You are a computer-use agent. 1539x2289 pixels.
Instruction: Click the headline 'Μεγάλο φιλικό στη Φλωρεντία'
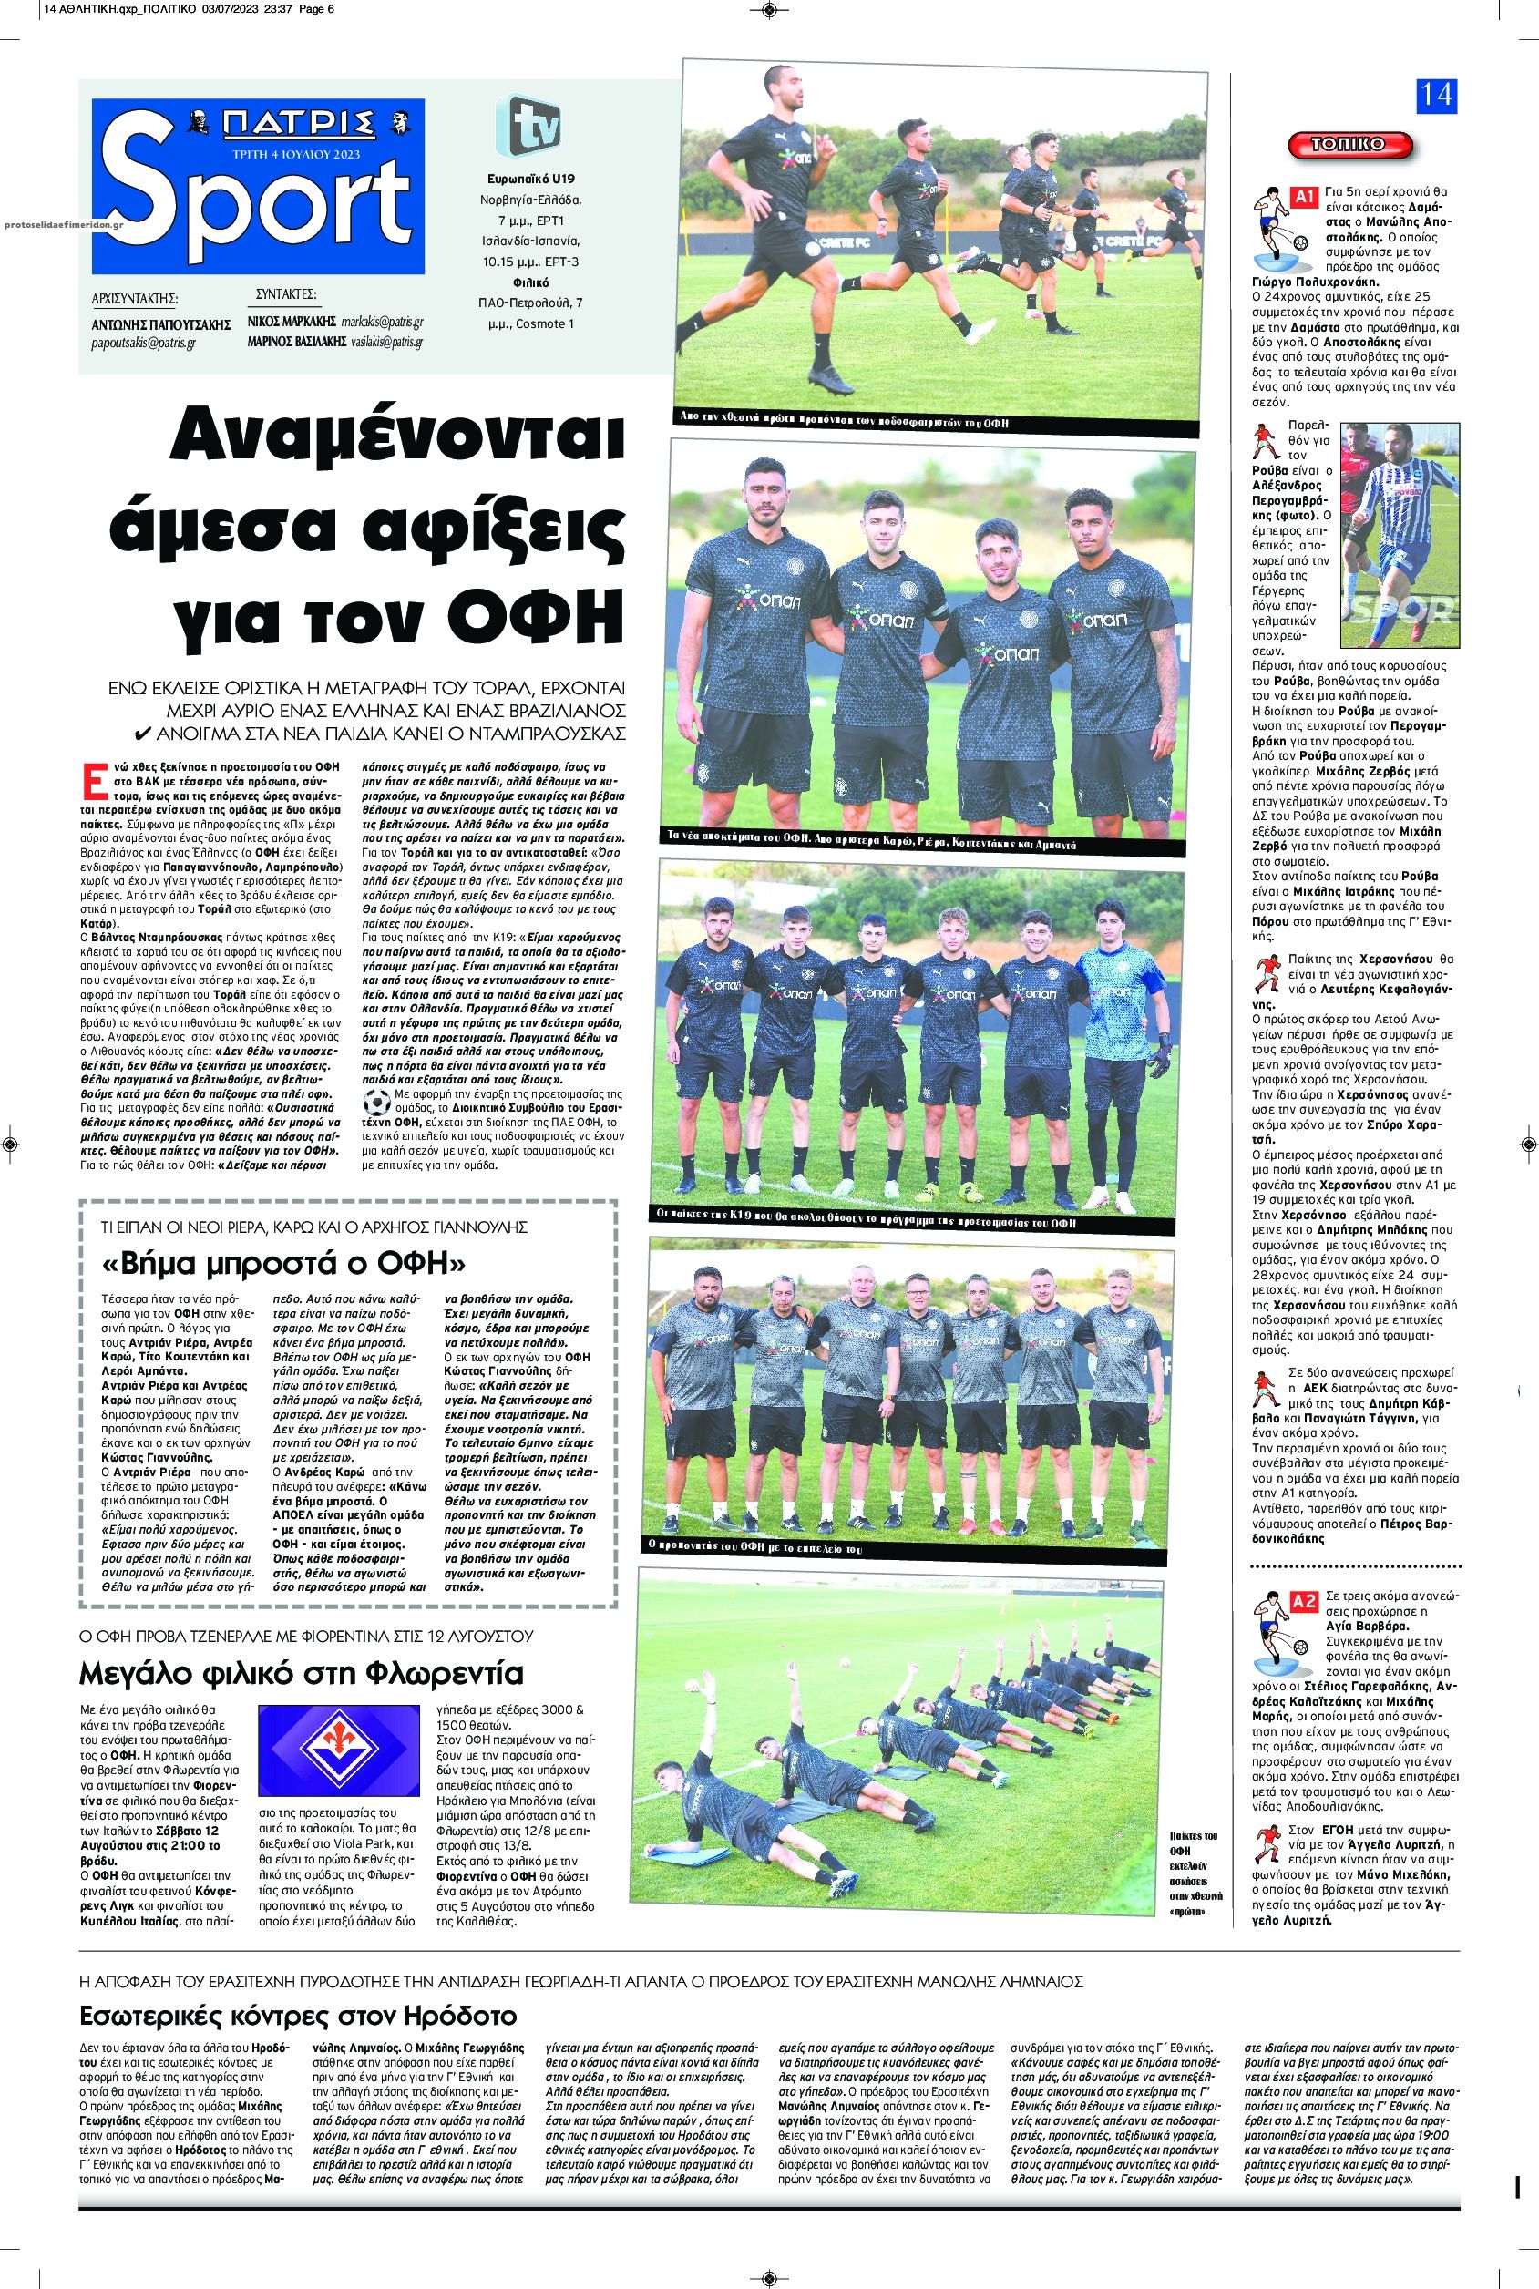303,1673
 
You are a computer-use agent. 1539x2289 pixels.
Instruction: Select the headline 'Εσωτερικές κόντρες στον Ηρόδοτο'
297,2017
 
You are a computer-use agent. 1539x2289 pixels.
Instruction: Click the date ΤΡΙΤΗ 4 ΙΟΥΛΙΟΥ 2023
296,154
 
